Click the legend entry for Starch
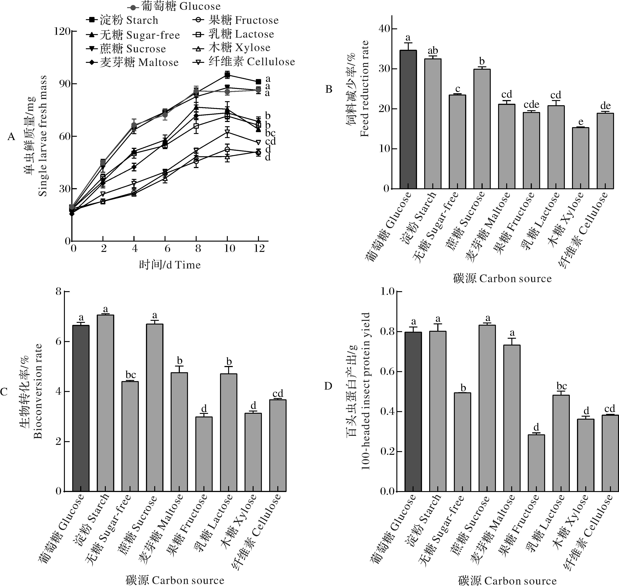coord(122,20)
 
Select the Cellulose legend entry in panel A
coord(244,62)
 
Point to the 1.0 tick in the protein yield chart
coord(387,292)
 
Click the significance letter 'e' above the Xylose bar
coord(581,122)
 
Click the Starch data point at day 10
coord(227,75)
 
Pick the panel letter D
coord(328,386)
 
